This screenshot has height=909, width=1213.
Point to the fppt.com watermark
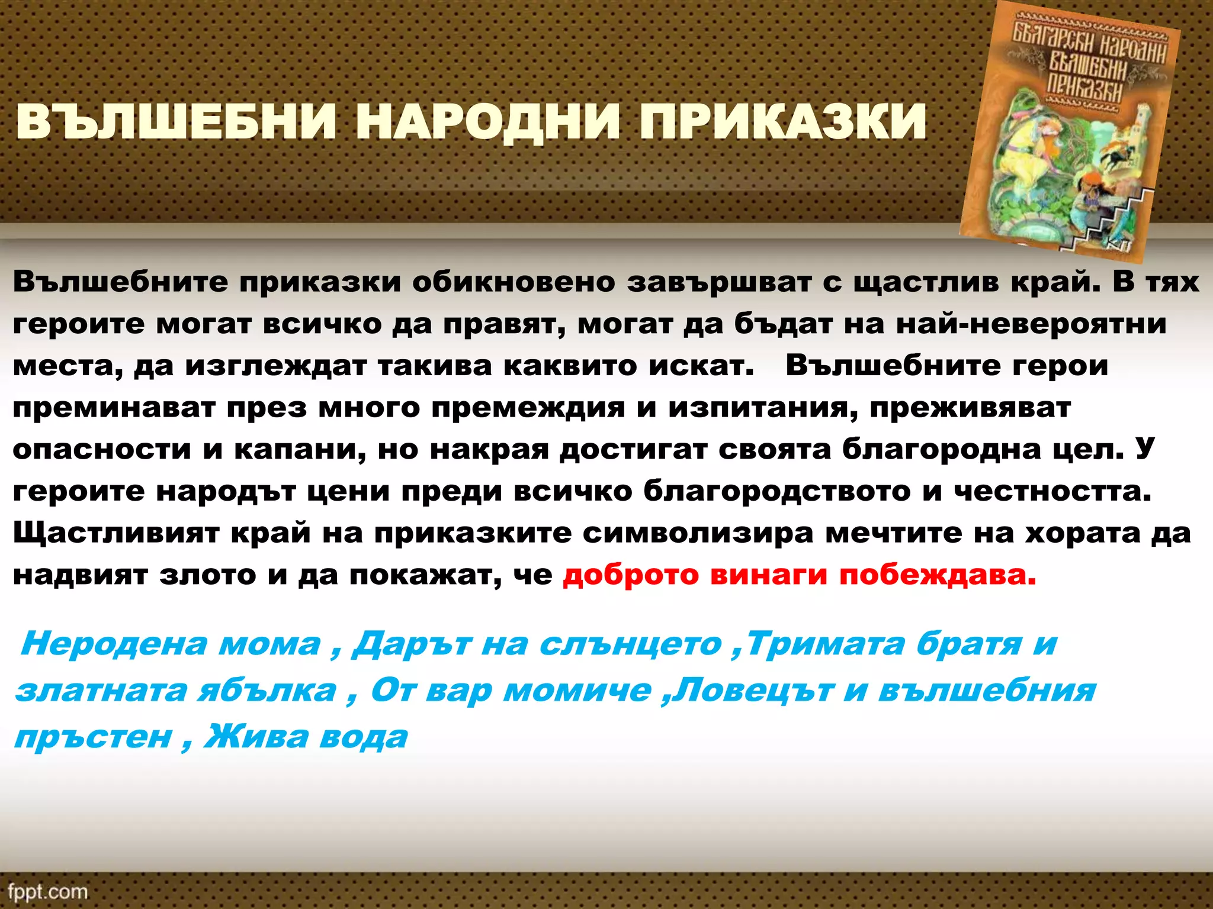[48, 891]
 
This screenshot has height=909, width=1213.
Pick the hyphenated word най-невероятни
[1031, 324]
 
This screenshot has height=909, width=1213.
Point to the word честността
[1052, 492]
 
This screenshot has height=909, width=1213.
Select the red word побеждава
[938, 575]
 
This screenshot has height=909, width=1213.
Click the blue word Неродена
[113, 644]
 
